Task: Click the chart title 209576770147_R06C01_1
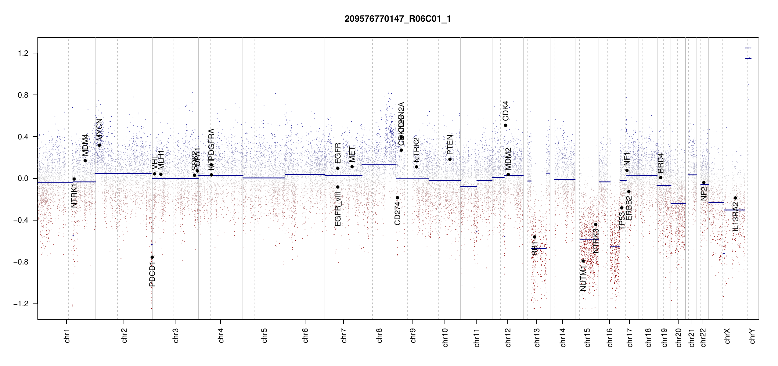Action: click(x=398, y=19)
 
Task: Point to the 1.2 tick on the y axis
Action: click(x=23, y=53)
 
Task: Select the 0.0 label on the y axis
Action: click(x=23, y=178)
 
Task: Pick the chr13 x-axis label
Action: click(x=537, y=337)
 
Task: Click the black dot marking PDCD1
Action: click(x=152, y=257)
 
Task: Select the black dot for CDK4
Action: click(x=506, y=125)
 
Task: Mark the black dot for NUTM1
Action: click(x=583, y=261)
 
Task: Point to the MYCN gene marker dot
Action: click(x=99, y=145)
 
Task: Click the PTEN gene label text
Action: click(x=450, y=145)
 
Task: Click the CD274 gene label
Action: click(x=397, y=213)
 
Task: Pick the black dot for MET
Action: click(x=352, y=167)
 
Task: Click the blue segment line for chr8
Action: click(x=379, y=165)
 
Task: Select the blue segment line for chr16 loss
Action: click(x=615, y=247)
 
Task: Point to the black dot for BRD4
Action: click(x=661, y=178)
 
